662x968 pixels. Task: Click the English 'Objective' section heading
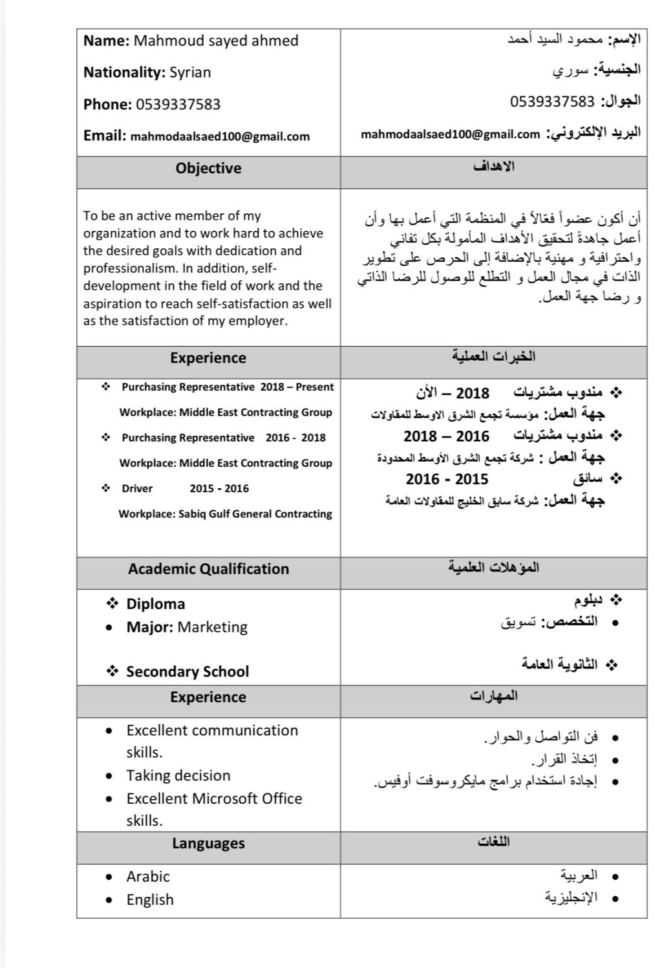pos(208,168)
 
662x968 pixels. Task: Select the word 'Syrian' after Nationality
pos(190,72)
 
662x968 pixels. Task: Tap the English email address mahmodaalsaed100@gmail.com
pos(220,136)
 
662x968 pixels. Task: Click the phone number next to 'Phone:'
pos(178,104)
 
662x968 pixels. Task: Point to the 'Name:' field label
pos(107,41)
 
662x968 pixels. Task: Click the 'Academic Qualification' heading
pos(208,569)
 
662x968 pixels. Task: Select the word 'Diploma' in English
pos(156,604)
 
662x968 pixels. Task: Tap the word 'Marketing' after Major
pos(212,627)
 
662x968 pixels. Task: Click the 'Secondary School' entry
pos(187,671)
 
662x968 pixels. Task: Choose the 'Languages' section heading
pos(208,843)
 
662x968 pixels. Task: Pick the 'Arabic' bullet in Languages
pos(148,876)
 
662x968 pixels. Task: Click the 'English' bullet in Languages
pos(150,899)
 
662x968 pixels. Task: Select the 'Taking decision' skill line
pos(178,775)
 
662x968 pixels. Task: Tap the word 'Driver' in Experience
pos(137,488)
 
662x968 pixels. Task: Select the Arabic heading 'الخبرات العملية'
pos(494,356)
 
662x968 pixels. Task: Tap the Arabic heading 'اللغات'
pos(494,841)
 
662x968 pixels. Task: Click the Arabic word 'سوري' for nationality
pos(571,71)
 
